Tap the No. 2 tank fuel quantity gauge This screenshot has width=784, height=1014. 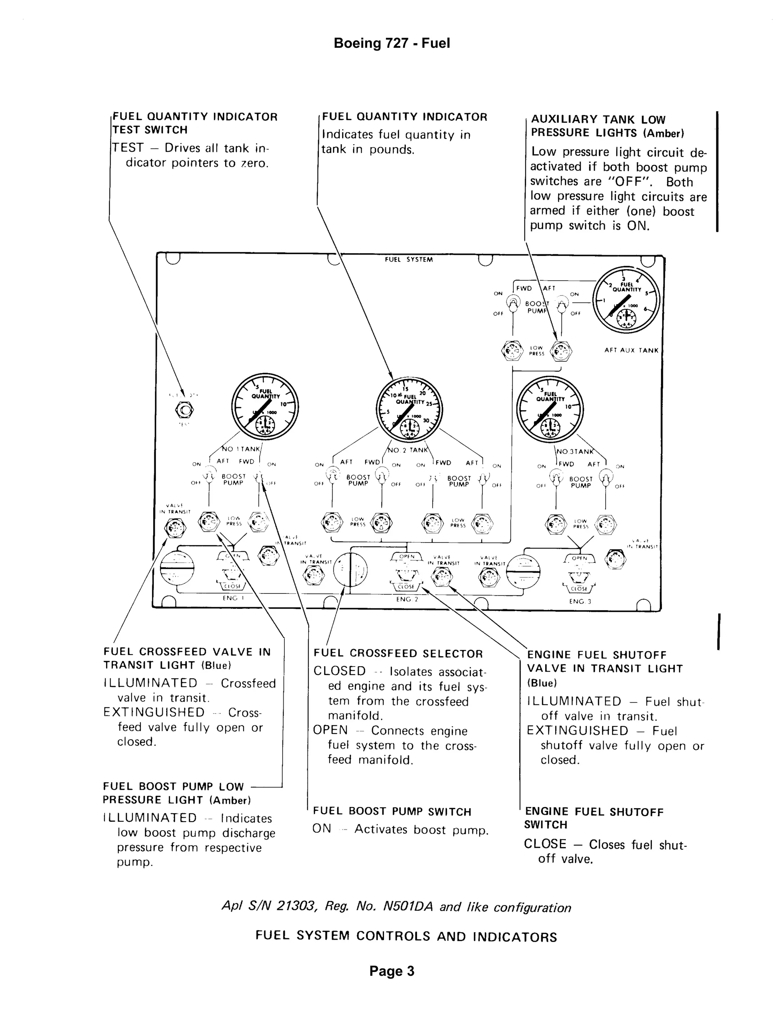coord(409,411)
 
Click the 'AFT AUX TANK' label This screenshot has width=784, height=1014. coord(631,350)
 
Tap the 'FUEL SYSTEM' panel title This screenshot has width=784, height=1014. coord(409,259)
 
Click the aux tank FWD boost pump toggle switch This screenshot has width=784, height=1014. coord(513,305)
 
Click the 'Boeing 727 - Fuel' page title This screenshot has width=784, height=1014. coord(392,44)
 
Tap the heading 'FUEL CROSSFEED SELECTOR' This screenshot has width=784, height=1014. coord(398,654)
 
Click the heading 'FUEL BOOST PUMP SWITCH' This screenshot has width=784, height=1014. coord(392,812)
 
